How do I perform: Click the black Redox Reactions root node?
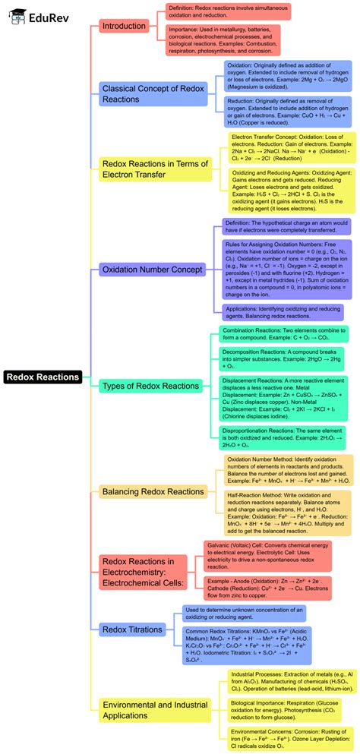[x=43, y=377]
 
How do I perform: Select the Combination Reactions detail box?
[x=285, y=335]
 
